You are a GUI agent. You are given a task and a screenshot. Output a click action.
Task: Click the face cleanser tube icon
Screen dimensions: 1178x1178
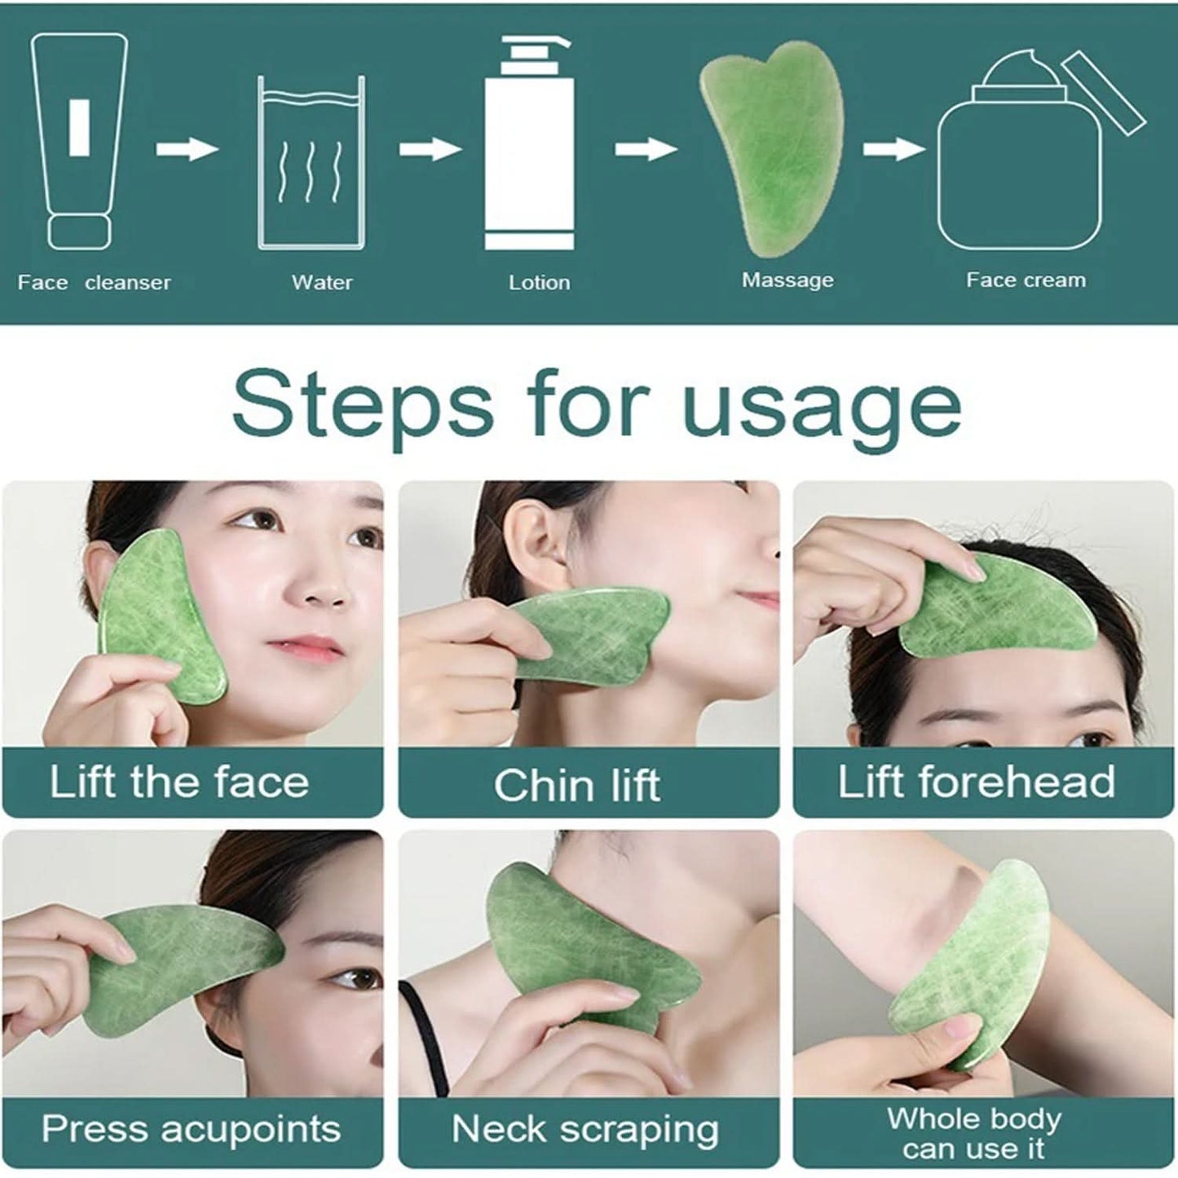tap(79, 140)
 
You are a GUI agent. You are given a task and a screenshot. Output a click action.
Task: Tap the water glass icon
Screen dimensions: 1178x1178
tap(311, 163)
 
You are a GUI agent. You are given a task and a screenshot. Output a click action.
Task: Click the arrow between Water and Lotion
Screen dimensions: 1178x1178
tap(430, 149)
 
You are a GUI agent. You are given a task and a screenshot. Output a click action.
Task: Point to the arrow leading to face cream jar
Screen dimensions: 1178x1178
tap(893, 149)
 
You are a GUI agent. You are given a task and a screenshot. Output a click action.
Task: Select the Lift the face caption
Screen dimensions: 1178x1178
tap(179, 782)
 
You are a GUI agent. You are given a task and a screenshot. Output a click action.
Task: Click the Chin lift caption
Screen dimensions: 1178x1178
tap(576, 785)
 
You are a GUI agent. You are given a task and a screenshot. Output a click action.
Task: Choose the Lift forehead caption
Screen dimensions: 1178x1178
tap(976, 782)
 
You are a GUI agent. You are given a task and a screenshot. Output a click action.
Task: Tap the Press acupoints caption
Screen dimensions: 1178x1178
tap(191, 1129)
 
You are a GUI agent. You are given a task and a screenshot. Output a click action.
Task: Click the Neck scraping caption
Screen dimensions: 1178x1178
tap(585, 1130)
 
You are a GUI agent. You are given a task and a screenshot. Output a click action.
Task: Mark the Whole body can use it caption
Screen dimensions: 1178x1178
tap(974, 1133)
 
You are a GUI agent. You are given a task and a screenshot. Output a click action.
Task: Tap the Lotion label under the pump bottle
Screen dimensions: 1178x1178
tap(539, 283)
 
